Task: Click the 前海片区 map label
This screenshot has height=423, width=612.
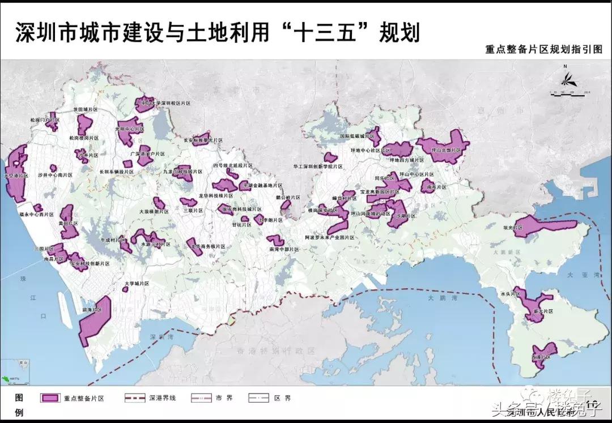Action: [91, 310]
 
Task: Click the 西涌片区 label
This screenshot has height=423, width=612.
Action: [542, 358]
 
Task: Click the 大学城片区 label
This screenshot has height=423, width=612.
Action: [137, 283]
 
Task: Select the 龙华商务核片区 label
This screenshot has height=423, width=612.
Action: [208, 247]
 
